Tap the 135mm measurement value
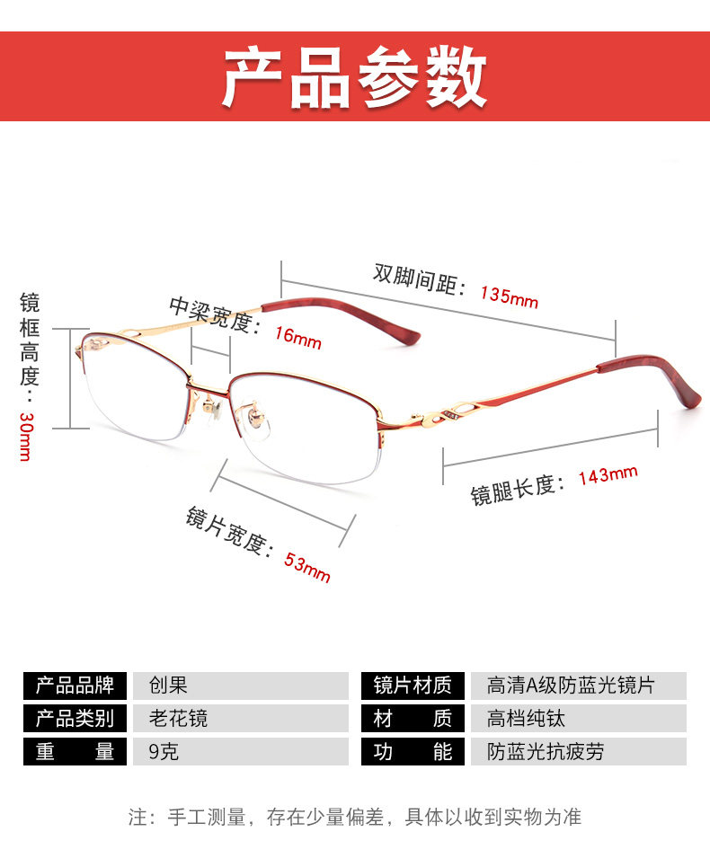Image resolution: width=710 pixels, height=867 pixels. coord(509,296)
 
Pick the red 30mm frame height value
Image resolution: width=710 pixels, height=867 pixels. coord(25,437)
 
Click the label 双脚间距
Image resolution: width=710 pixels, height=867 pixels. coord(419,279)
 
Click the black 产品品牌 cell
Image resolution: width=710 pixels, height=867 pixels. coord(75,686)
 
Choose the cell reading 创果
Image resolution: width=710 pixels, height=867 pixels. coord(168,686)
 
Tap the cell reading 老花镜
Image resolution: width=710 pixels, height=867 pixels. coord(178,718)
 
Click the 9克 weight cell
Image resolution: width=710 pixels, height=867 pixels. coord(164,751)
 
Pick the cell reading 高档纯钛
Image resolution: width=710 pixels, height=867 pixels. coord(527,718)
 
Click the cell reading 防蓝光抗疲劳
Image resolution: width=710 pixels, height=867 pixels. coord(546,751)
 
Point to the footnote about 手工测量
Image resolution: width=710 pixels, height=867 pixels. coord(355,817)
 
